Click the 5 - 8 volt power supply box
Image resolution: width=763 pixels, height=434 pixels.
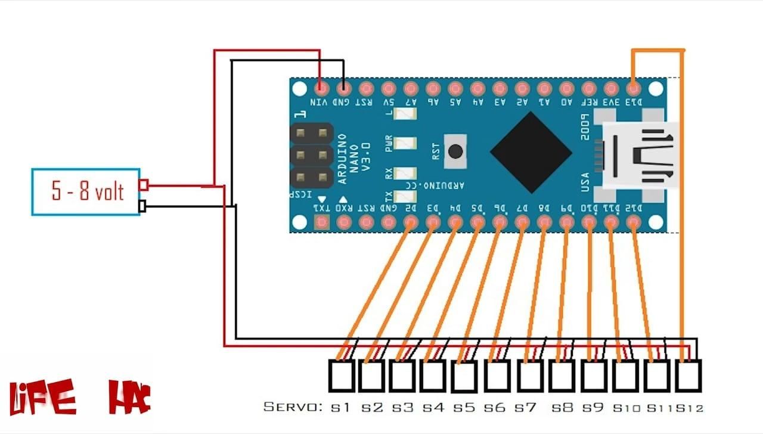(x=86, y=191)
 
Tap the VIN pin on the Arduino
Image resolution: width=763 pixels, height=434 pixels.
(x=321, y=89)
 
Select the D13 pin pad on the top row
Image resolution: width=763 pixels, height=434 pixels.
(x=633, y=89)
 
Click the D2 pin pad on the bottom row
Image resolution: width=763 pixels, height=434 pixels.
(x=410, y=223)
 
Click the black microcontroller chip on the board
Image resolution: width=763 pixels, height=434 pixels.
(x=531, y=152)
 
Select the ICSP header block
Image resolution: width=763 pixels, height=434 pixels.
(x=311, y=153)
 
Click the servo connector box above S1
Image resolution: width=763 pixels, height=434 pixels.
(x=342, y=376)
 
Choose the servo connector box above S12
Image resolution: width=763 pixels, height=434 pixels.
(x=688, y=376)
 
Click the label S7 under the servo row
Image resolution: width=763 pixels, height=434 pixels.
(x=526, y=408)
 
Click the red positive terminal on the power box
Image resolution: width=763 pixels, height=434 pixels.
(x=144, y=185)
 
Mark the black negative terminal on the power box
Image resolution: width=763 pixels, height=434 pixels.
(x=142, y=206)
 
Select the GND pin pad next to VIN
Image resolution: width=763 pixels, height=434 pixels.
(x=344, y=89)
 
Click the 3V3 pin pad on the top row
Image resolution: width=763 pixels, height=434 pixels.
(x=611, y=89)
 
